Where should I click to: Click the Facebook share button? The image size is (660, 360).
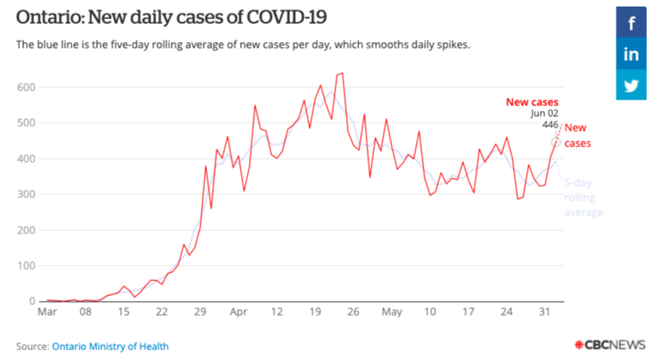(631, 23)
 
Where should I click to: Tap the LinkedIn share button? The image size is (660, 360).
(631, 54)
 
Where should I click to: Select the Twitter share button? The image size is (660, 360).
(631, 85)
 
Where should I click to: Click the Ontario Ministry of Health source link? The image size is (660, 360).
(111, 347)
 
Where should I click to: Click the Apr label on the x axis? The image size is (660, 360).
(238, 313)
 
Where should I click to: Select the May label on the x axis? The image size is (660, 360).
(392, 313)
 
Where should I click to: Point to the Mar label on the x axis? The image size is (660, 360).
(47, 313)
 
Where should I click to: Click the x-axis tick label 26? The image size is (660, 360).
(353, 313)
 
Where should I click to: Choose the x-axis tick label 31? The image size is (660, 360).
(545, 313)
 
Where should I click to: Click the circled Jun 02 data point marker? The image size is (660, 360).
(556, 142)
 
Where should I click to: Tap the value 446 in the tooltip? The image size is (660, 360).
(550, 125)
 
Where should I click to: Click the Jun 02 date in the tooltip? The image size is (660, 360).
(545, 114)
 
